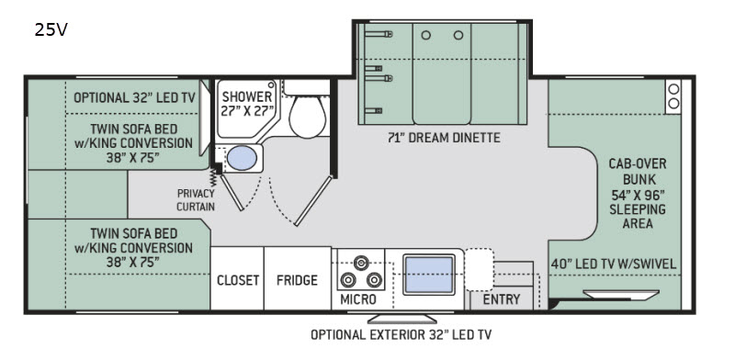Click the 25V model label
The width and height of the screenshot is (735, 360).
(x=51, y=30)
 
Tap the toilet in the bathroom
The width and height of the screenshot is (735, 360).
(x=308, y=111)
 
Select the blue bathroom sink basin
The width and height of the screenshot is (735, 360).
(x=243, y=158)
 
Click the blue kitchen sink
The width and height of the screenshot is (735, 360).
(x=429, y=275)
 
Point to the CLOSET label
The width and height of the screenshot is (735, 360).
(x=238, y=280)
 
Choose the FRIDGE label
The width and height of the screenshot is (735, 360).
(x=297, y=280)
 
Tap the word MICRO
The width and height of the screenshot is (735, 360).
(x=358, y=299)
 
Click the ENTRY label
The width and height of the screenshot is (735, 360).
(x=502, y=299)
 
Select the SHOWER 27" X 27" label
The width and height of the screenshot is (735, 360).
(x=247, y=104)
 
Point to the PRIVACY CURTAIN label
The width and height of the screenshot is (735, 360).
(x=196, y=199)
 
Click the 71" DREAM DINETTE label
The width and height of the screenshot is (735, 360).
(x=444, y=138)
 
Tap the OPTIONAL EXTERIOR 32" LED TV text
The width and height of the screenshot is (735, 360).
(x=401, y=334)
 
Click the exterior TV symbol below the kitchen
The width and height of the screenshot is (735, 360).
(x=402, y=319)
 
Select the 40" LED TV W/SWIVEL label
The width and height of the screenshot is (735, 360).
(x=615, y=264)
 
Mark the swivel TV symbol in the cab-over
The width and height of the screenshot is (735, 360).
(x=621, y=295)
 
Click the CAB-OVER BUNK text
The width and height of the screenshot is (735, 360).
(x=638, y=171)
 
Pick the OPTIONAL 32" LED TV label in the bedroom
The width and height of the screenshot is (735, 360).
(x=134, y=97)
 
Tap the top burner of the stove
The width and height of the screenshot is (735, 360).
(x=360, y=262)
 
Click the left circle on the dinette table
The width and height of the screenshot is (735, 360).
(x=425, y=35)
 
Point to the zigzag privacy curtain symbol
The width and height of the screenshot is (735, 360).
(x=213, y=177)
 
